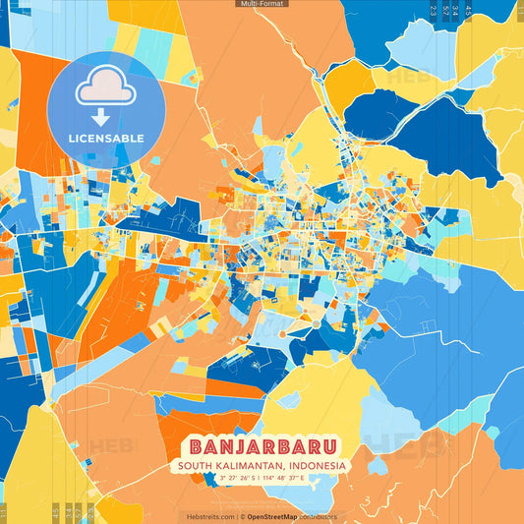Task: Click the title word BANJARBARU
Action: click(x=262, y=444)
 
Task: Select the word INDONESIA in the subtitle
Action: click(x=318, y=465)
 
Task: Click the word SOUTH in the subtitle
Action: click(x=198, y=465)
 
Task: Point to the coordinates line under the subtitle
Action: click(x=262, y=479)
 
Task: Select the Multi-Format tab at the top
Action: click(x=262, y=4)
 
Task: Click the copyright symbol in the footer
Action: click(x=242, y=516)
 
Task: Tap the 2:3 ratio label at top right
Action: click(x=433, y=12)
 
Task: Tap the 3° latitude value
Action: click(x=223, y=479)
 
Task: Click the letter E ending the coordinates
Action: click(x=302, y=479)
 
